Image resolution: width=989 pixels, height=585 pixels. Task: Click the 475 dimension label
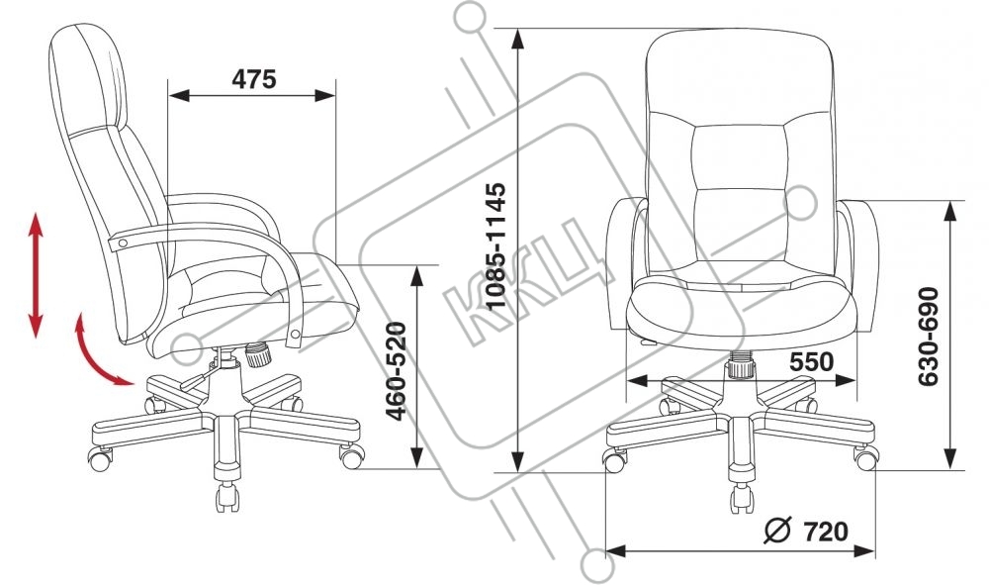[253, 79]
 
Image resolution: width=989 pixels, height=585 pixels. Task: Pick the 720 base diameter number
[826, 532]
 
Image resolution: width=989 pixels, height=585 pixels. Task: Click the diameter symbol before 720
[778, 532]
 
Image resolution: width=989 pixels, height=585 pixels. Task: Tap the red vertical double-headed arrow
[36, 274]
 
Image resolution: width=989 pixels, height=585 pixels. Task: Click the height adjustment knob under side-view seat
[259, 351]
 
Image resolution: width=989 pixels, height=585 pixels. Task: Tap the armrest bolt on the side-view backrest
[121, 243]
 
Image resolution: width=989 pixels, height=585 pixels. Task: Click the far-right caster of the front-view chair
[867, 459]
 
